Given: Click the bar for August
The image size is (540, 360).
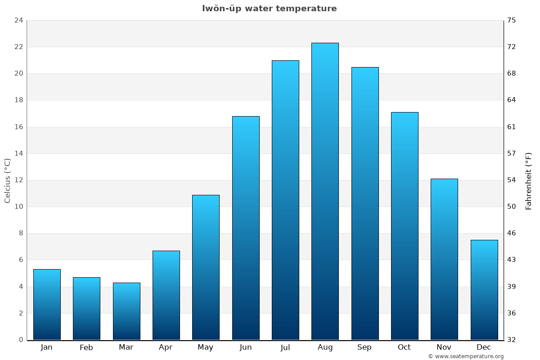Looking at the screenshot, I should click(x=325, y=191).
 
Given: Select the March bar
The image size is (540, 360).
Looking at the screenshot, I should click(x=126, y=311).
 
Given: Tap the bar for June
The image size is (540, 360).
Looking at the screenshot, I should click(x=246, y=228).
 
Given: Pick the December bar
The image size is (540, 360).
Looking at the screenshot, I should click(x=484, y=290).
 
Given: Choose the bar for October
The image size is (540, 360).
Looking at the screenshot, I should click(x=405, y=226).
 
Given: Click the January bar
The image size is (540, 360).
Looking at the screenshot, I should click(x=47, y=304).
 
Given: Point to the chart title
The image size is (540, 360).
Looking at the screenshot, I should click(x=269, y=9).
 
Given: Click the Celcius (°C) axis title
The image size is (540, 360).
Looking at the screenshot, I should click(x=7, y=180).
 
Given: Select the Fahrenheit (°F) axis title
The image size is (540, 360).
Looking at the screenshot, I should click(x=529, y=180).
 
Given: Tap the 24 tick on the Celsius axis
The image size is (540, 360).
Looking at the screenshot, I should click(x=18, y=20).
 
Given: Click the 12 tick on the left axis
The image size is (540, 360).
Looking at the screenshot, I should click(x=18, y=180).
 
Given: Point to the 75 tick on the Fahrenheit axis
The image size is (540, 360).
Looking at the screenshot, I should click(x=512, y=20).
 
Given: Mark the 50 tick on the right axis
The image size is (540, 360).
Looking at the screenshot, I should click(x=512, y=207).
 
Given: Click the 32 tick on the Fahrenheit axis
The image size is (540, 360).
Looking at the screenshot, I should click(x=512, y=340).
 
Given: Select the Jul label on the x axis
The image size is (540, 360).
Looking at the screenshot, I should click(x=285, y=347).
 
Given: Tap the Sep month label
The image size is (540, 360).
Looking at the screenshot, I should click(x=364, y=347).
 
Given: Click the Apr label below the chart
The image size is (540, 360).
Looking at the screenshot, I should click(x=166, y=347).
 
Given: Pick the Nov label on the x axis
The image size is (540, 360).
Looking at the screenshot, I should click(x=444, y=347).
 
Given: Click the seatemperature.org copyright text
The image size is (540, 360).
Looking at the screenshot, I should click(x=466, y=356).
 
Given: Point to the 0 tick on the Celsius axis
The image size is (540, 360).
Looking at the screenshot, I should click(x=21, y=340).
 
